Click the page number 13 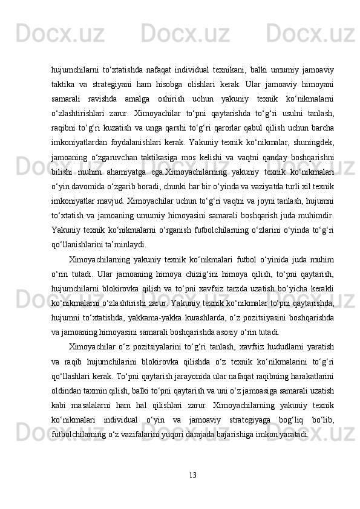[192, 472]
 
